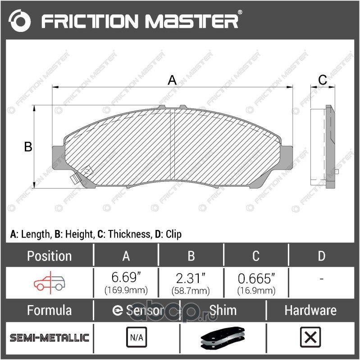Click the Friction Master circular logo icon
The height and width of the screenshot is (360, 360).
coord(19,21)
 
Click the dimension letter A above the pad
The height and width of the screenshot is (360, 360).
coord(172,80)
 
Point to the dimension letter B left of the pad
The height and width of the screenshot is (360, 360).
coord(28,147)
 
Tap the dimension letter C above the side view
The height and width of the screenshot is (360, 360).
coord(322,80)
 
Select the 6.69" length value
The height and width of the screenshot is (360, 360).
coord(126,277)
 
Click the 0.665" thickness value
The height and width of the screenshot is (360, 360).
coord(256,279)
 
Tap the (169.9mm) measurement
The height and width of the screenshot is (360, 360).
coord(126,290)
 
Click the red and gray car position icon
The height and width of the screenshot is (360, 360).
coord(50,283)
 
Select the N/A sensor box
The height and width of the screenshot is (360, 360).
coord(137,337)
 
